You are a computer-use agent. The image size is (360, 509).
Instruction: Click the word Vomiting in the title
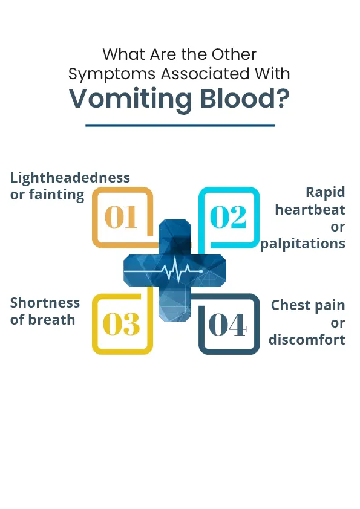pos(131,99)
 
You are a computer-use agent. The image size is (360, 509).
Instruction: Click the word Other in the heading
pos(234,54)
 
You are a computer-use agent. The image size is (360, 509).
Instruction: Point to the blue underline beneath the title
pos(180,125)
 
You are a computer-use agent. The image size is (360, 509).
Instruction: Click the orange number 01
pos(120,217)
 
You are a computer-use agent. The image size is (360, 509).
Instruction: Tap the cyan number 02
pos(228,217)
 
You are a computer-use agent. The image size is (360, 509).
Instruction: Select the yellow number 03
pos(121,324)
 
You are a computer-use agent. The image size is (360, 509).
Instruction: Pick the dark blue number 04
pos(227,324)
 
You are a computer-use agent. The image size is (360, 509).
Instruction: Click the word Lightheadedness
pos(70,178)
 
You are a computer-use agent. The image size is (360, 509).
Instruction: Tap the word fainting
pos(56,195)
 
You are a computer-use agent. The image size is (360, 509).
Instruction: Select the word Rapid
pos(326,192)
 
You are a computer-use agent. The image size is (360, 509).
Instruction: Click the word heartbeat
pos(310,210)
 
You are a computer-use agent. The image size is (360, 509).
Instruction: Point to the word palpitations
pos(303,244)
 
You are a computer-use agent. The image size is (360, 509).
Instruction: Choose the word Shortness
pos(45,303)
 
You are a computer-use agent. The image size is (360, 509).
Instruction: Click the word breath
pos(51,320)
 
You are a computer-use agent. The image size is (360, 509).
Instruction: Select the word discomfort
pos(307,340)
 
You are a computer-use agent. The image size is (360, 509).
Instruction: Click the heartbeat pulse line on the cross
pos(164,270)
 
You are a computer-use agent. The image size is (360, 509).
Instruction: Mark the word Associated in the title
pos(205,73)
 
